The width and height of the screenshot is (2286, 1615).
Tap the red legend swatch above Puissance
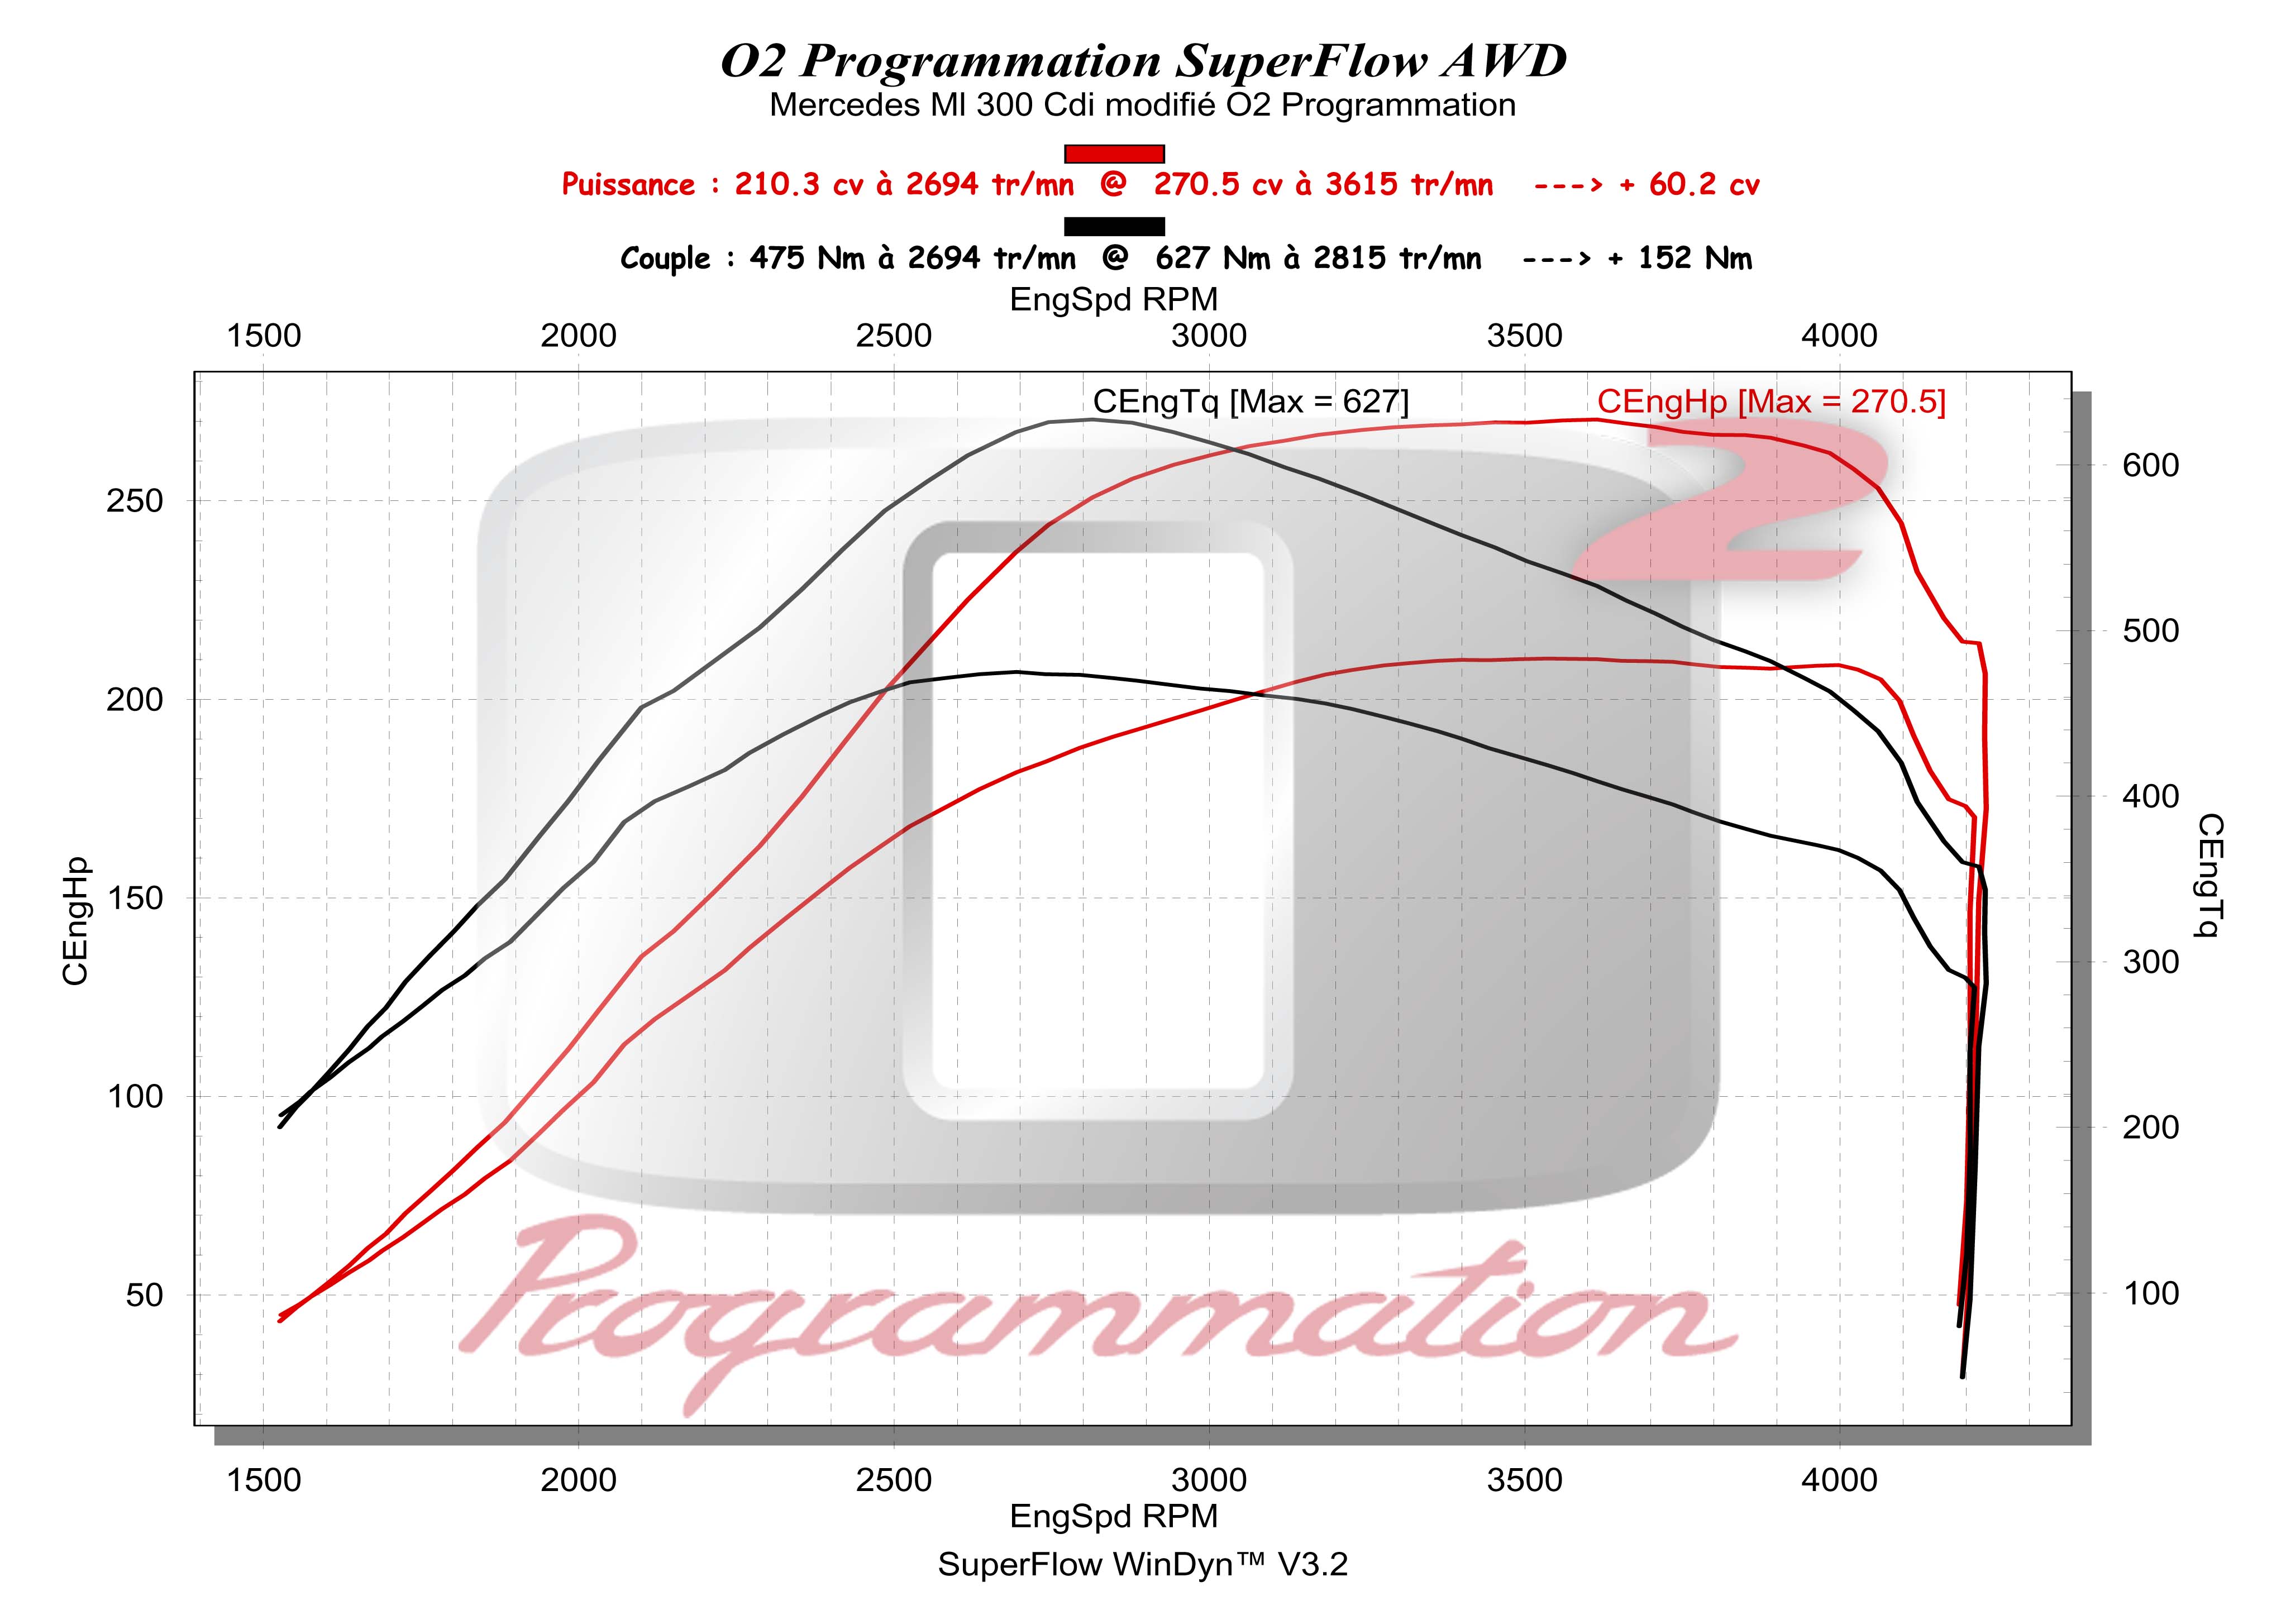(x=1114, y=154)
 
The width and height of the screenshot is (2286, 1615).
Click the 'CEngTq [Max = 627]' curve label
(x=1251, y=402)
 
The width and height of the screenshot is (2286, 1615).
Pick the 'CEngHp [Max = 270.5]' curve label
(x=1771, y=402)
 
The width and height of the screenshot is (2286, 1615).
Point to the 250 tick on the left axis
(x=135, y=501)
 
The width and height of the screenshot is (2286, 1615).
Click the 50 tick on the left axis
(x=144, y=1296)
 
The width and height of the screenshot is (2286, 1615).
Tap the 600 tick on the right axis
(x=2151, y=465)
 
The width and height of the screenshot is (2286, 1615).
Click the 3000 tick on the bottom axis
(x=1209, y=1480)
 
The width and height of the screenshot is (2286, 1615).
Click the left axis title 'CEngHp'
(x=75, y=922)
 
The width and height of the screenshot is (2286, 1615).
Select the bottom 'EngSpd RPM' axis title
(x=1113, y=1516)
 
